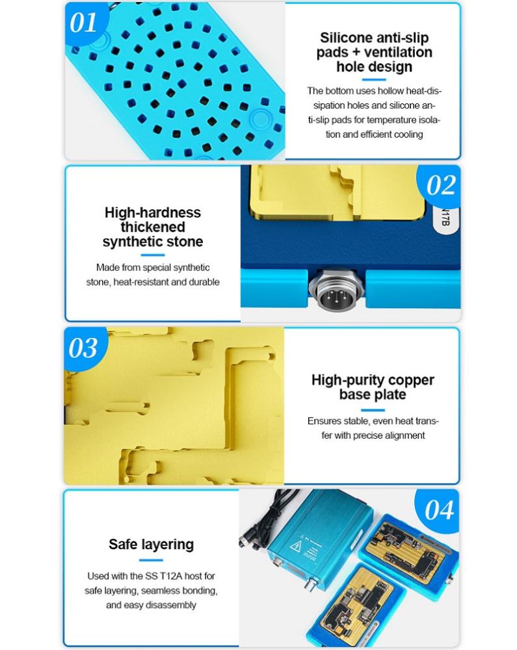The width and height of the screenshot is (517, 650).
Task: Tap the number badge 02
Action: coord(440,185)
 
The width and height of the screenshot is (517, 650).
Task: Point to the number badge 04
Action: coord(439,510)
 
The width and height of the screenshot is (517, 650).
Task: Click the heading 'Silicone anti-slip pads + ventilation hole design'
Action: coord(374,52)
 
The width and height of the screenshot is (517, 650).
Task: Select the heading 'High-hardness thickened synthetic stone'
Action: coord(153,227)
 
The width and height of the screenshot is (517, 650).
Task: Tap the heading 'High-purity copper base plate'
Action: coord(373,387)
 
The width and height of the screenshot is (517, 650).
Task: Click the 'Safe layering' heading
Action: coord(152,544)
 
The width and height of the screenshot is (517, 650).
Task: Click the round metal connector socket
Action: coord(336,290)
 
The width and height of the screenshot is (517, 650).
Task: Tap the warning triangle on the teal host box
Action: coord(295,547)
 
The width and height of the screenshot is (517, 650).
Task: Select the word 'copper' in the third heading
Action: coord(411,380)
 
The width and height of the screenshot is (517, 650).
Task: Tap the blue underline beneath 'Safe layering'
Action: coord(151,560)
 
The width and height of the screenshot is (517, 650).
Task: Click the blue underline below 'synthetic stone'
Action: coord(153,255)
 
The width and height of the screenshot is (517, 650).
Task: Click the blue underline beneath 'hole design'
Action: coord(374,79)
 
